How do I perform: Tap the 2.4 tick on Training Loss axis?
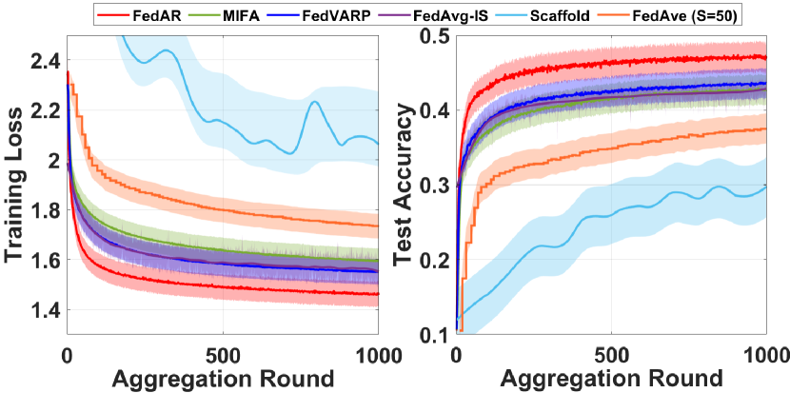click(x=45, y=61)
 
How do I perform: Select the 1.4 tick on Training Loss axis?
click(x=45, y=310)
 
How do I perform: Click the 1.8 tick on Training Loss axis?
click(x=45, y=210)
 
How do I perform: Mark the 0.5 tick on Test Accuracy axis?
click(x=436, y=36)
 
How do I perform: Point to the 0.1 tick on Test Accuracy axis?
click(x=436, y=334)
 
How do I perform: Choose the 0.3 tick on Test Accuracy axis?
click(x=436, y=185)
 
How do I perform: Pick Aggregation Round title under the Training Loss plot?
click(x=223, y=377)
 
